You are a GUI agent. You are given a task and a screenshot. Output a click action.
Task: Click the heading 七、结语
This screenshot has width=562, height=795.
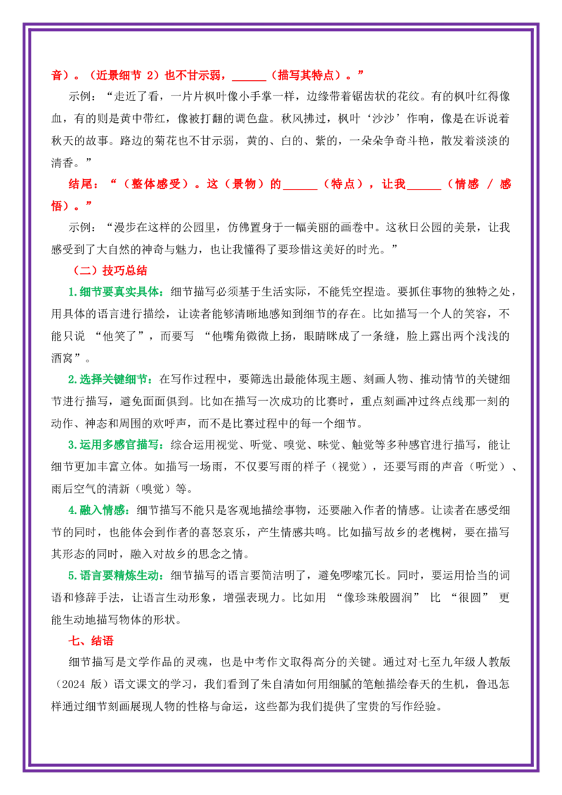coord(91,640)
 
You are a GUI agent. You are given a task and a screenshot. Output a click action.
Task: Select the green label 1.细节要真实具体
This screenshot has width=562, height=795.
coord(117,292)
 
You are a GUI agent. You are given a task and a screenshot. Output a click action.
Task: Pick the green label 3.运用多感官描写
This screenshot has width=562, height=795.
coord(117,445)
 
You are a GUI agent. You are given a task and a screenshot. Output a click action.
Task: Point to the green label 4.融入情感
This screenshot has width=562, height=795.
coord(100,510)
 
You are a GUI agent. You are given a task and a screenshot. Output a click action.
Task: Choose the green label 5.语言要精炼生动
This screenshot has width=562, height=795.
coord(117,575)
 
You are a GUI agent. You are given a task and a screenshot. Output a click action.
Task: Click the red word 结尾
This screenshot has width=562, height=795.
coord(79,184)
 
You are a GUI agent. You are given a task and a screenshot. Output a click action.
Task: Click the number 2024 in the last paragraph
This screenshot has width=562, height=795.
coord(73,684)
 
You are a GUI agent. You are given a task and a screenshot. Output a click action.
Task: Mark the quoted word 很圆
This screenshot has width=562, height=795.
coord(469,597)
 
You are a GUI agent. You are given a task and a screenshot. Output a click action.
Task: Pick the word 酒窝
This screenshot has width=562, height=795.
coord(63,358)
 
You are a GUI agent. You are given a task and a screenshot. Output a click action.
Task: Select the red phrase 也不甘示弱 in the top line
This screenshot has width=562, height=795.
coord(193,75)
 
